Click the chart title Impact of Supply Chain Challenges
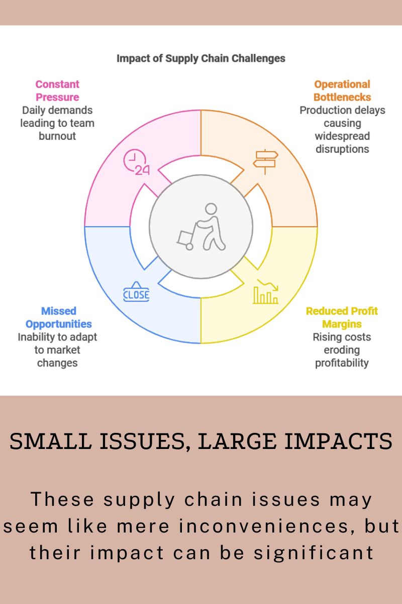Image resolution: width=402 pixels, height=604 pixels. (201, 58)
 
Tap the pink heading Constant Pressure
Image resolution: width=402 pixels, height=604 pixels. (57, 91)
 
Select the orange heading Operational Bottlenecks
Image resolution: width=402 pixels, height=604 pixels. (342, 91)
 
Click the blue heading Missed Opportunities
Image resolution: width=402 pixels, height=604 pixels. (58, 318)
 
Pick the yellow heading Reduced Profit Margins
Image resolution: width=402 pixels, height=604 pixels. (342, 318)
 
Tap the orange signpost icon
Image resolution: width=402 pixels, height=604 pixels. (265, 162)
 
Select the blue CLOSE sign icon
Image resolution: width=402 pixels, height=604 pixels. (136, 291)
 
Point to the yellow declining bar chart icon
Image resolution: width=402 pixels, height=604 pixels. (265, 291)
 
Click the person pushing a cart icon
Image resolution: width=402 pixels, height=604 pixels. (201, 227)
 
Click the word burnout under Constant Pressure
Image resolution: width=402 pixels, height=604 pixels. (57, 136)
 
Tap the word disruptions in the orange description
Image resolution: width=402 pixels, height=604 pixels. (342, 149)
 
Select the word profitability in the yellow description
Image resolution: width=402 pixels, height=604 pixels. (342, 363)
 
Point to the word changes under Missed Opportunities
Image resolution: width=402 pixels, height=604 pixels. (57, 363)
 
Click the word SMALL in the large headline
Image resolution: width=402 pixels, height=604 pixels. (50, 441)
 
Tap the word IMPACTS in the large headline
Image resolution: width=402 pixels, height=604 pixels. (339, 441)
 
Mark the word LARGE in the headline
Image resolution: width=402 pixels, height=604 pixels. (237, 441)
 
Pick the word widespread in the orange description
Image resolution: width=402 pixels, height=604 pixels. (342, 136)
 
